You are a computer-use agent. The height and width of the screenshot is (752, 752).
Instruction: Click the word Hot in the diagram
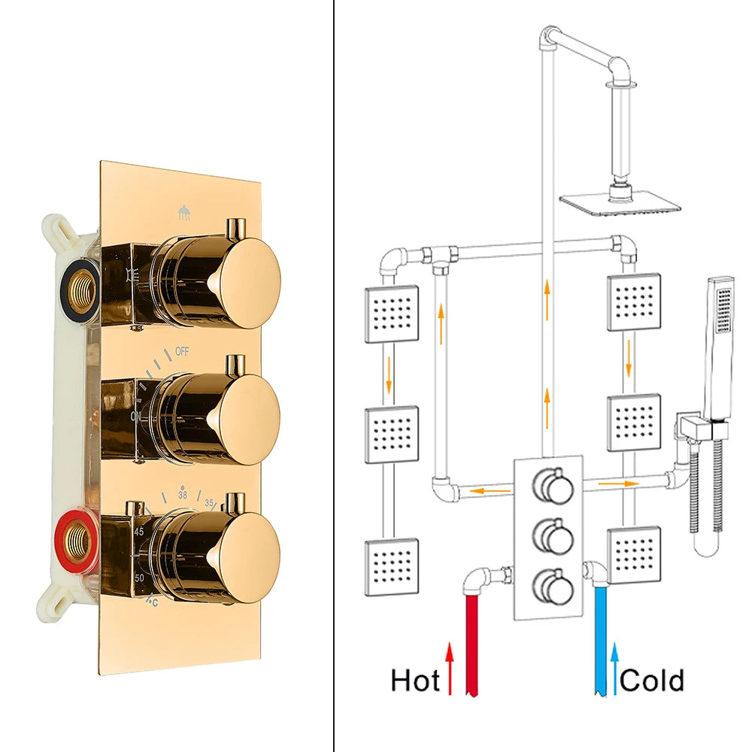(415, 681)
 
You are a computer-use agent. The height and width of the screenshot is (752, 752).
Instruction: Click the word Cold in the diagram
(652, 681)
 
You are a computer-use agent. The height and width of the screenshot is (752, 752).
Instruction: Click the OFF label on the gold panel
(182, 351)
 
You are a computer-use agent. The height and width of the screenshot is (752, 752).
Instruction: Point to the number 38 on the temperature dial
(182, 496)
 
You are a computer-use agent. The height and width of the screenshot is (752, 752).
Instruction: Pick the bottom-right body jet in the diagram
(634, 556)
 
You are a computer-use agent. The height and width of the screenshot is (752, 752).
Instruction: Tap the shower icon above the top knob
(183, 214)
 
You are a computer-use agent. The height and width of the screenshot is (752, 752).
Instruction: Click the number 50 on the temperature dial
(140, 577)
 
